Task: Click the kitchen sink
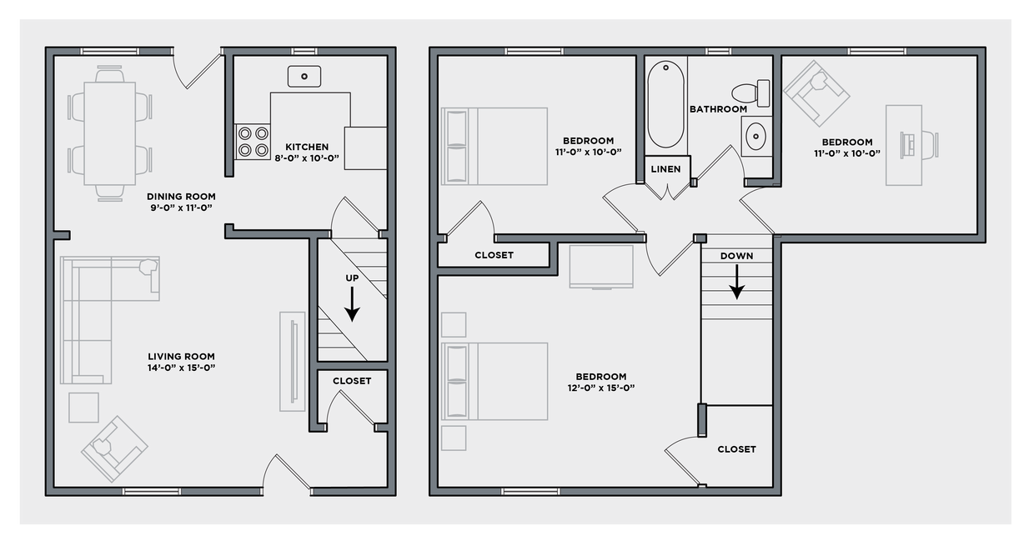pos(304,77)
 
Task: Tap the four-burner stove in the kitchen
pos(253,142)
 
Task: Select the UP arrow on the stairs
pos(352,303)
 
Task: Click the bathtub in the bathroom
pos(666,104)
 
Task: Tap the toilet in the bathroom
pos(750,91)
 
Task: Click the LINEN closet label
pos(666,169)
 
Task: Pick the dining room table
pos(110,132)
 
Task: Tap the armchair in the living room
pos(113,448)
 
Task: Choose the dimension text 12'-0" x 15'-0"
pos(601,388)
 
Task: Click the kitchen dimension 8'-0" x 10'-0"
pos(307,158)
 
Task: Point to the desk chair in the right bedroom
pos(927,144)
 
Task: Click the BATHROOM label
pos(718,109)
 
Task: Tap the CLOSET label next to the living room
pos(352,381)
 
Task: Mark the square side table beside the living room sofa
pos(83,407)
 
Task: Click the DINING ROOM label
pos(181,197)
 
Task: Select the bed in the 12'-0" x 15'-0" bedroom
pos(496,380)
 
